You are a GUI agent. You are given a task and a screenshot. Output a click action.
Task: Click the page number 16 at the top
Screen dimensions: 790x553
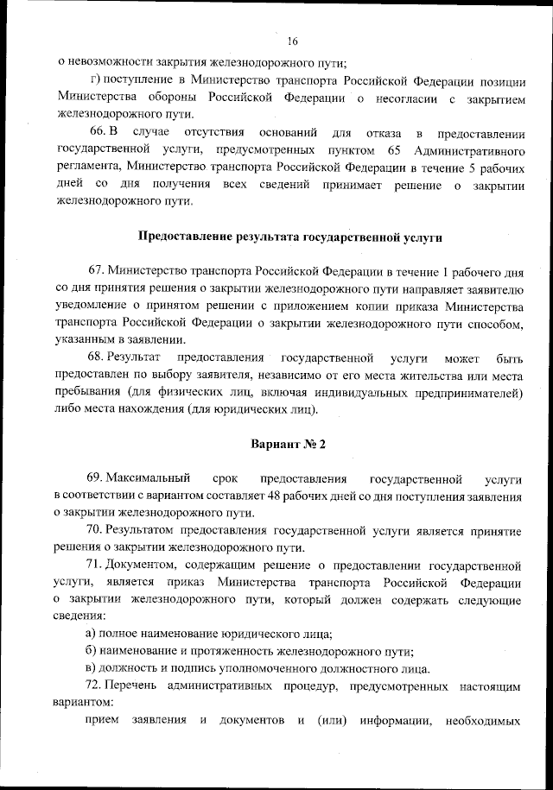tap(292, 41)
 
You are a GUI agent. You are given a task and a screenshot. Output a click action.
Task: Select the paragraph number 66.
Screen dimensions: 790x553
tap(96, 132)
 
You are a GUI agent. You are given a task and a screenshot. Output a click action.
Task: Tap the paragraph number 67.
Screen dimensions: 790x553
tap(96, 271)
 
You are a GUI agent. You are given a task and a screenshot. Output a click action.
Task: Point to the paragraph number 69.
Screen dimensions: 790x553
tap(95, 478)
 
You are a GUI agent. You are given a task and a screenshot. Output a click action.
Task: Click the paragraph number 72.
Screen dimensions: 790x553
tap(95, 686)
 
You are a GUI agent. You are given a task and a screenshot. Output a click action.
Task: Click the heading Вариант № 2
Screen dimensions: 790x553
tap(288, 444)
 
